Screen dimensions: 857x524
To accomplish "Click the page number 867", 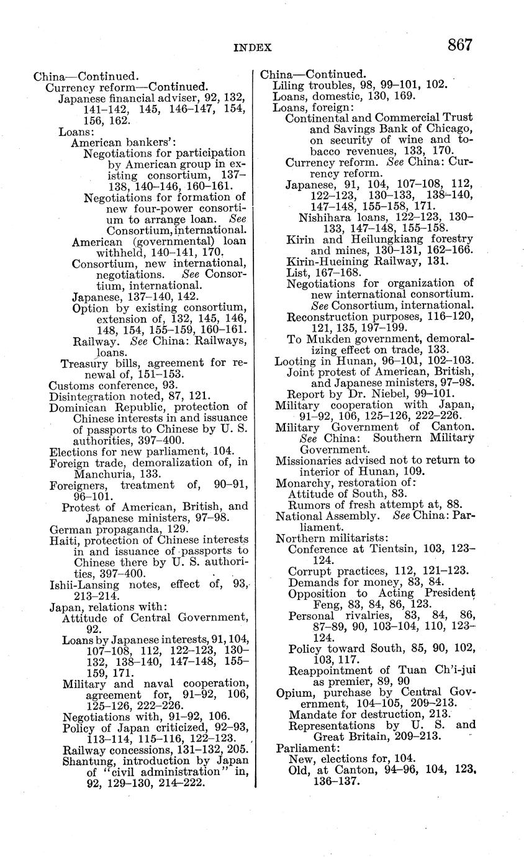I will coord(458,45).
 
